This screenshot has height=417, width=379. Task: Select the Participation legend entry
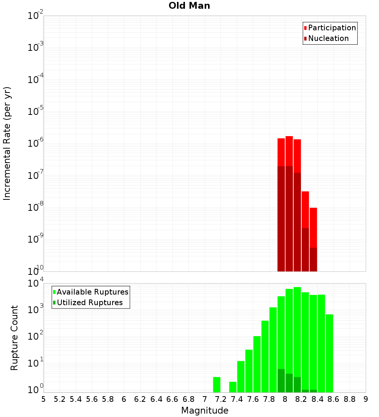[332, 28]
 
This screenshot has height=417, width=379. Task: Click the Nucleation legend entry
[328, 38]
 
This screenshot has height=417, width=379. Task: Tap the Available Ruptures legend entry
[92, 292]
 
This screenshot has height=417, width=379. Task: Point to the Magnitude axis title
[205, 411]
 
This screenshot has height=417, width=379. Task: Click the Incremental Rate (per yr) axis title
[7, 144]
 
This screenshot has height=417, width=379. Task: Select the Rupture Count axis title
[14, 338]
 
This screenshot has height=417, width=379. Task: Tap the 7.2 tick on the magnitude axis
[221, 399]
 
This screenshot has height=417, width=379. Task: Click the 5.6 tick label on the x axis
[92, 399]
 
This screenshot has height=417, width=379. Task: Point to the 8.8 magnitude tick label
[349, 399]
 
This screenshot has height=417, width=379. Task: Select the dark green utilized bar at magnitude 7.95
[281, 381]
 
